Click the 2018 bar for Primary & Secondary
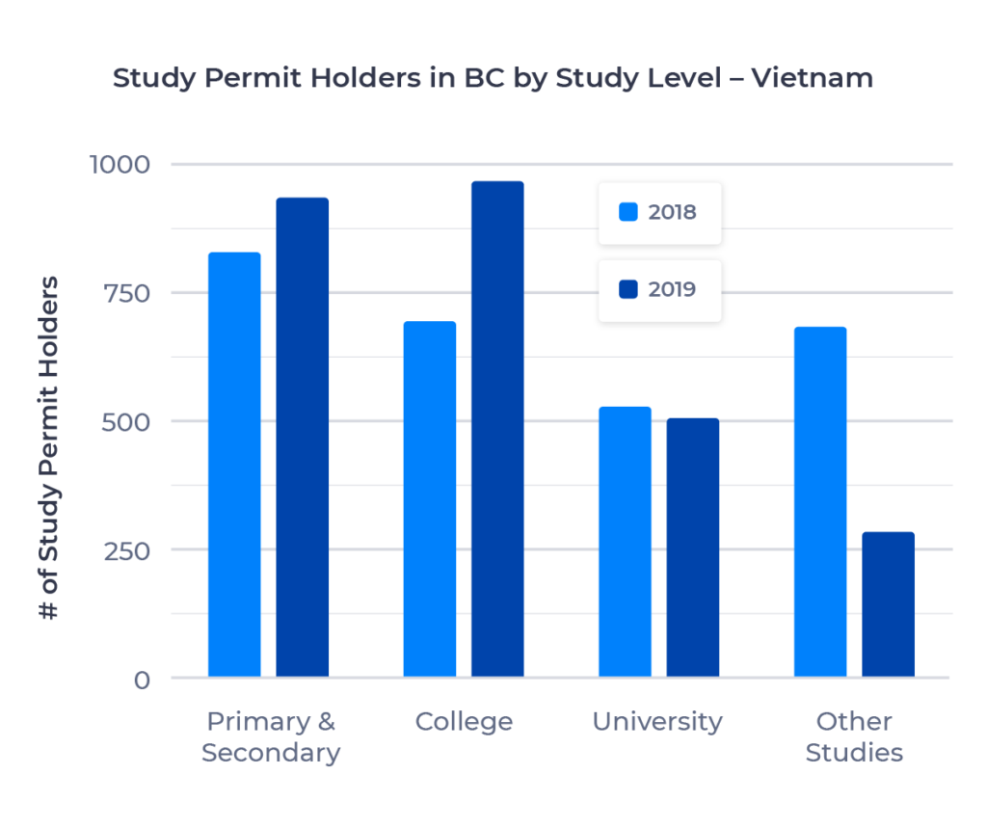[234, 465]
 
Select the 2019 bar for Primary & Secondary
[303, 438]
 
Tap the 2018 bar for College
[430, 499]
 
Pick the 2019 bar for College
[497, 429]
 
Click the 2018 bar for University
[625, 542]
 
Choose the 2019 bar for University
[692, 548]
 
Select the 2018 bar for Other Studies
[820, 501]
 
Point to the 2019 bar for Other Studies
[888, 604]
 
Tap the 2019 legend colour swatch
[628, 289]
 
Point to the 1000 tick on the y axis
[120, 164]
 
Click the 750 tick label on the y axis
[126, 293]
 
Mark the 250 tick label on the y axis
[126, 549]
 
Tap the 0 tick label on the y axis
[142, 680]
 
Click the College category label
[464, 722]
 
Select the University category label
[657, 722]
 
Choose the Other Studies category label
[854, 737]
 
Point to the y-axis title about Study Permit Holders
[51, 448]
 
